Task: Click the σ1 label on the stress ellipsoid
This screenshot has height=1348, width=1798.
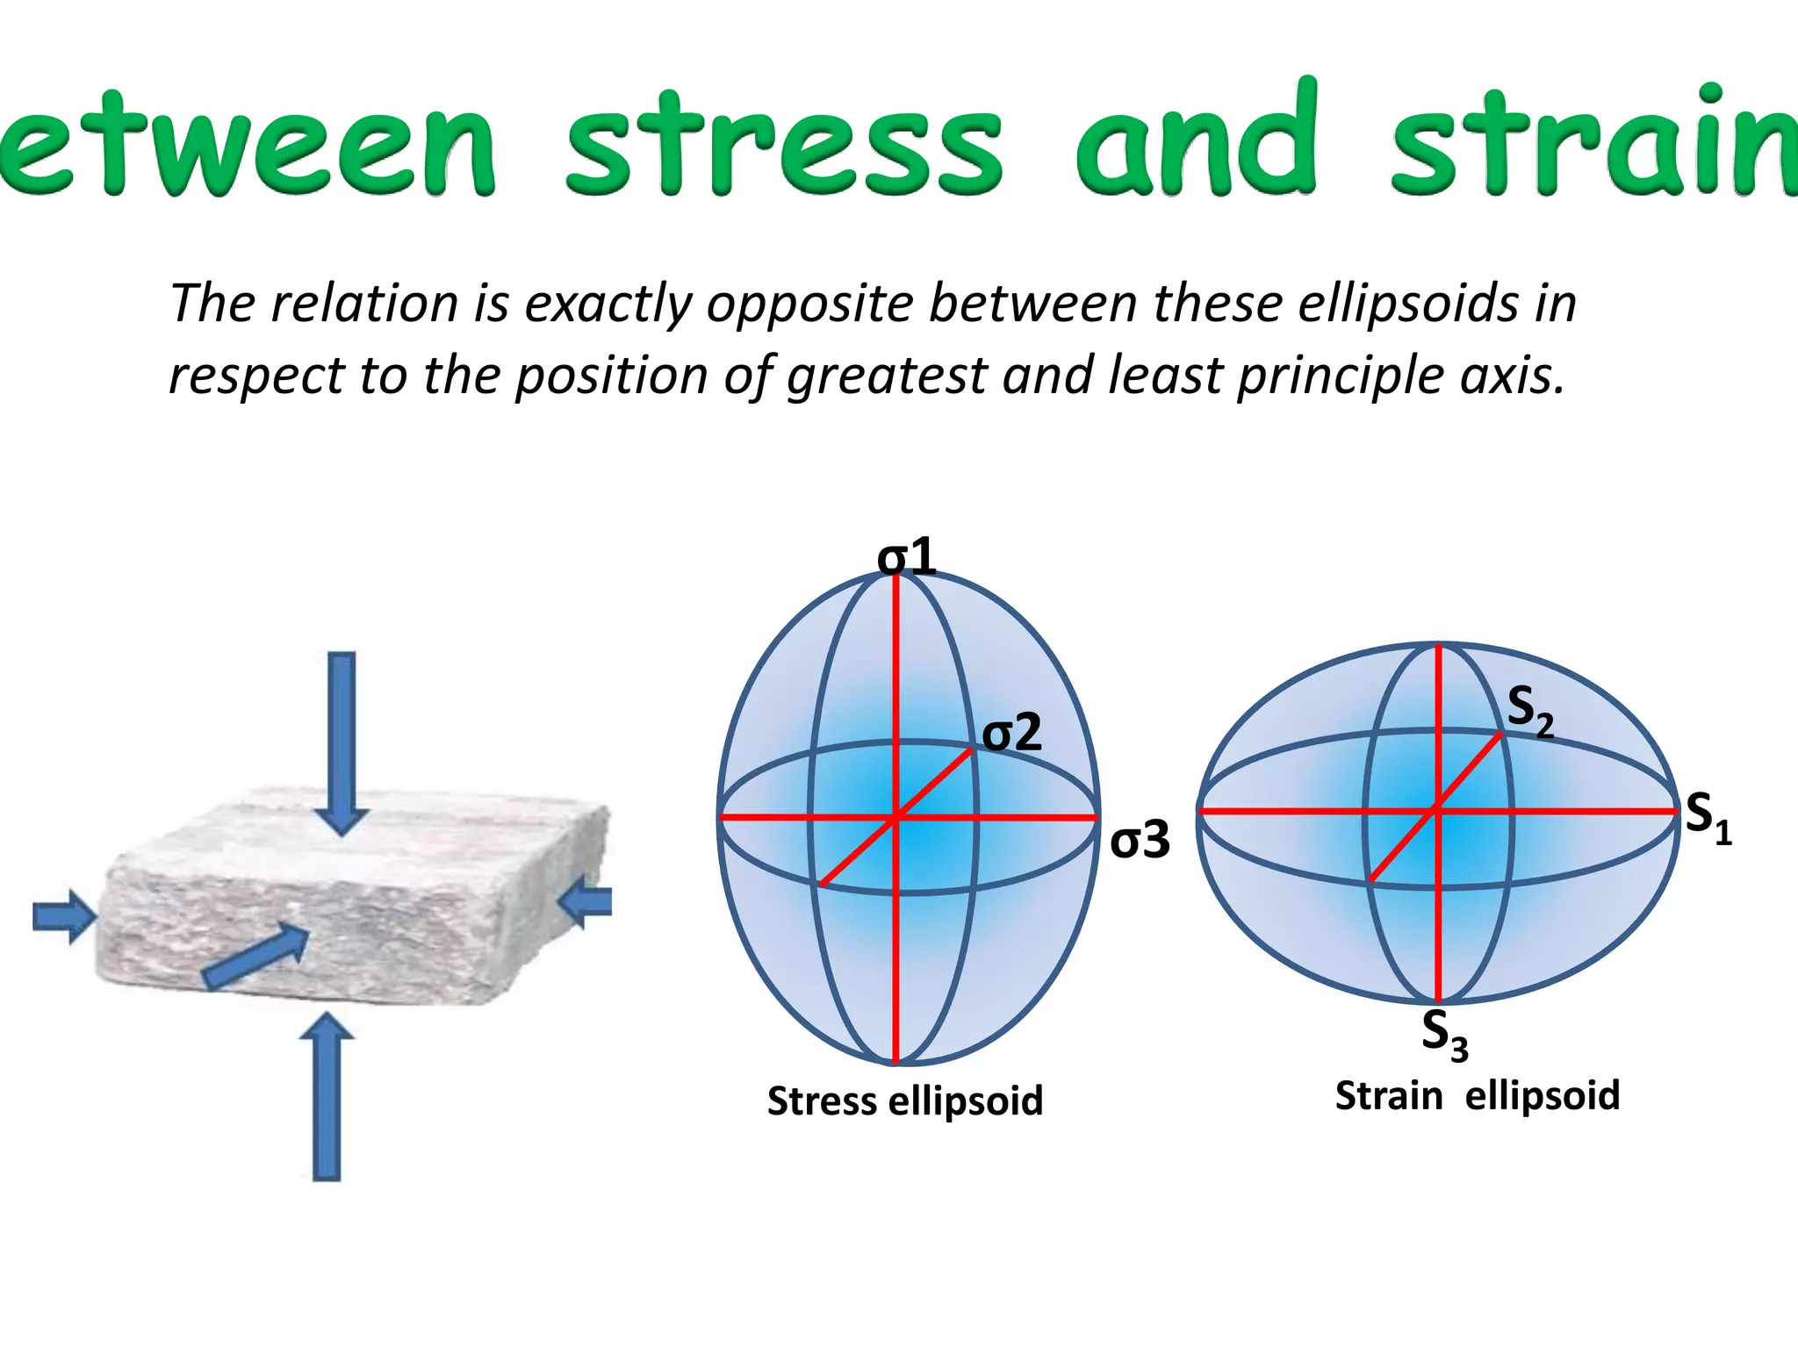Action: pos(907,556)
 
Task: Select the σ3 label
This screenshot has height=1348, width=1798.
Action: pos(1140,839)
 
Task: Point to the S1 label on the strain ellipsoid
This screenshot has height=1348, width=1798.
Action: pos(1708,816)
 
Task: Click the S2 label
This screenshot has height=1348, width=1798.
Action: pos(1530,711)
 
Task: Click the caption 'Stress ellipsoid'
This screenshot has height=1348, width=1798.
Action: pos(905,1101)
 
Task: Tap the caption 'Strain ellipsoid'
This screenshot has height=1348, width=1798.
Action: pos(1477,1095)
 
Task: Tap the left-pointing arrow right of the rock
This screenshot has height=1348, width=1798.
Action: pos(586,904)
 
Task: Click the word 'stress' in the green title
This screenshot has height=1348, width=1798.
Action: pos(783,145)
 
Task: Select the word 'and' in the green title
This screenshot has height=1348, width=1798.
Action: pos(1197,140)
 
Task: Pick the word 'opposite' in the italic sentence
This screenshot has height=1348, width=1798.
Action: pos(810,304)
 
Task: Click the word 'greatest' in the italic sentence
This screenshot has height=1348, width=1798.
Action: pos(887,376)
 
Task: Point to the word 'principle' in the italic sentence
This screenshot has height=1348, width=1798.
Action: pos(1341,376)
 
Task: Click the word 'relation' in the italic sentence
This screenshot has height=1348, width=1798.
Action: pos(365,304)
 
